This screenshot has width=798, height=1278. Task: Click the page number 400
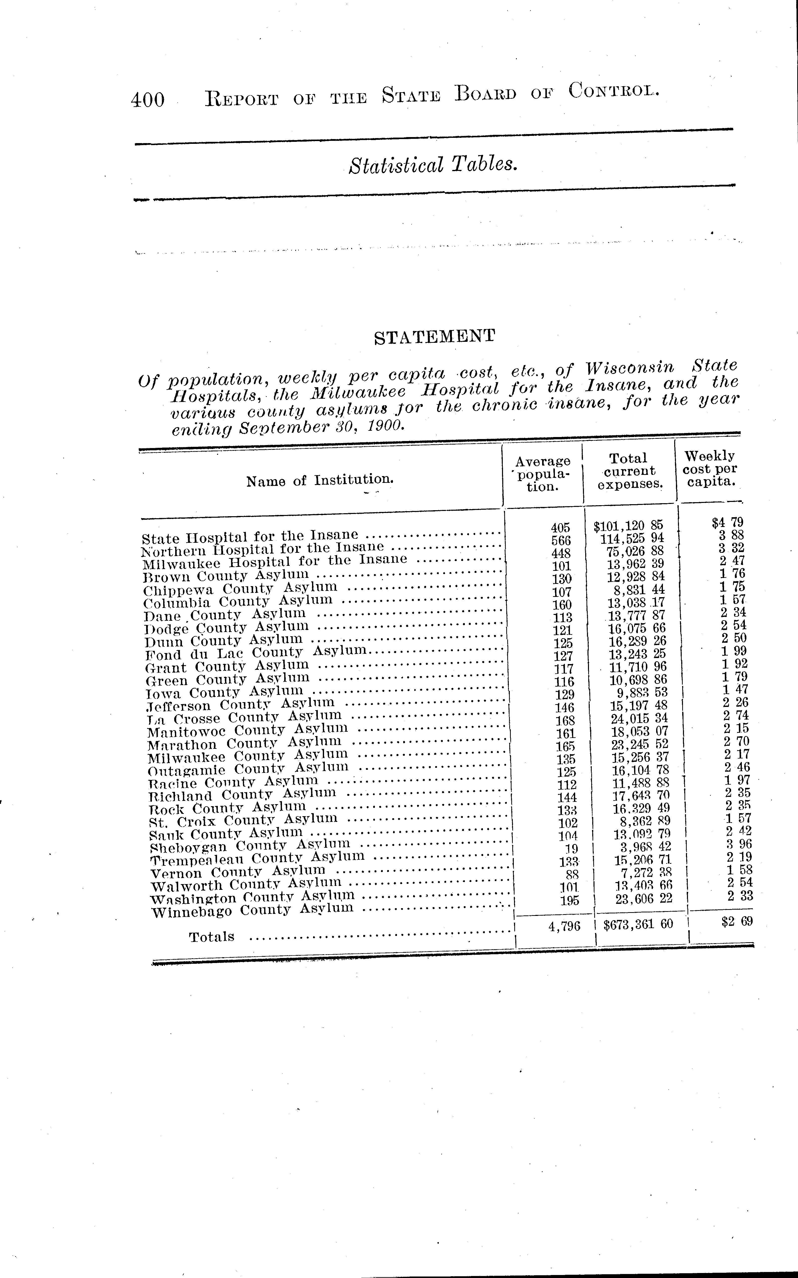(148, 99)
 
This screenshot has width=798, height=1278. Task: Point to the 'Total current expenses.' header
(630, 471)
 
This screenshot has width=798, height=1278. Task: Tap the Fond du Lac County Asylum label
(256, 653)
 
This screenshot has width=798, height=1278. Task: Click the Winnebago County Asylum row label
(252, 910)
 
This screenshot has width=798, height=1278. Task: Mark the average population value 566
(560, 540)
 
